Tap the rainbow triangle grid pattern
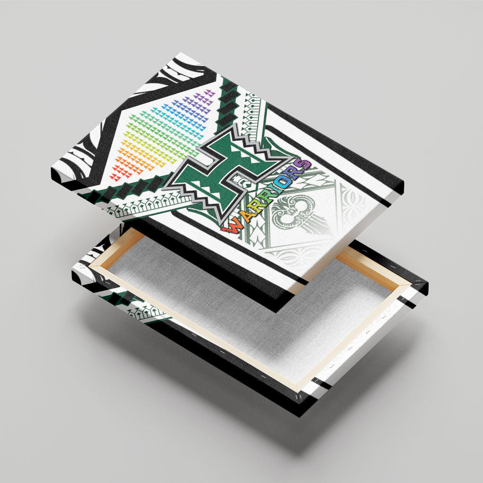(163, 135)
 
